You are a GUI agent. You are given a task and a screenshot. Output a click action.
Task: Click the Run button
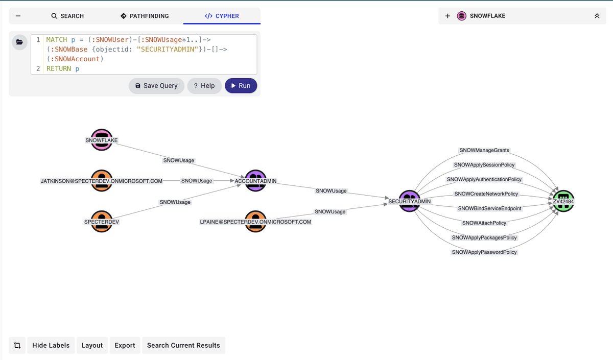pos(241,86)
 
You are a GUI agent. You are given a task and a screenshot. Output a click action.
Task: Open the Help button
pos(204,86)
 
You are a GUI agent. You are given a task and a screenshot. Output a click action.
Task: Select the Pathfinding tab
pos(145,16)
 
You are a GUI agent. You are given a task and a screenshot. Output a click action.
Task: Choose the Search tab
pos(67,16)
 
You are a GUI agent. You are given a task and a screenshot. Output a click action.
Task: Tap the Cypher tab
pos(222,16)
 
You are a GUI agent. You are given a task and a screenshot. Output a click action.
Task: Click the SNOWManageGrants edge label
pos(484,151)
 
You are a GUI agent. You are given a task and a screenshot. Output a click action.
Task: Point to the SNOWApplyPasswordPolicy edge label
pos(484,252)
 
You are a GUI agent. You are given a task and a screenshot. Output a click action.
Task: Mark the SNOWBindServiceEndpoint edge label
pos(489,208)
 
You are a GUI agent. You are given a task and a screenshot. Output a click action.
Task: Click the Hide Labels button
pos(51,345)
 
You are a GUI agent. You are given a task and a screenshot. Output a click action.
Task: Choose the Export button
pos(125,345)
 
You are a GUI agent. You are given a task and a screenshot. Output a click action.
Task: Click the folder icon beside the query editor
pos(19,42)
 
